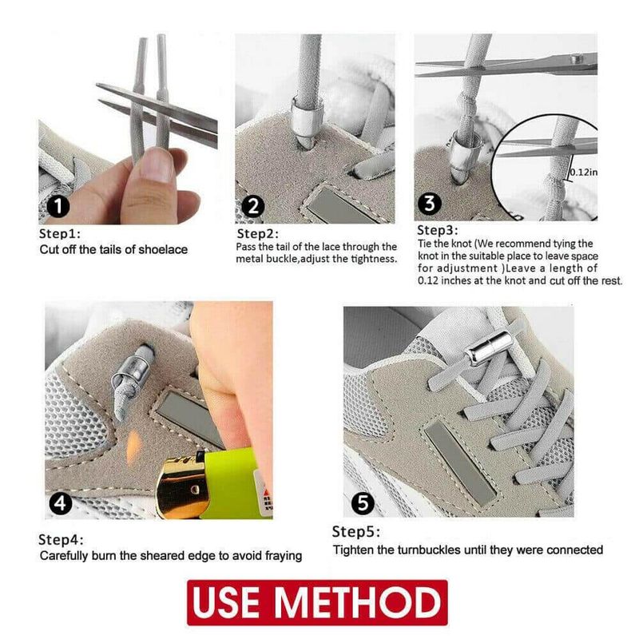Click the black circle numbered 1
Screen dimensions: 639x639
pos(58,206)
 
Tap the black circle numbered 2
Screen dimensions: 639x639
pos(252,206)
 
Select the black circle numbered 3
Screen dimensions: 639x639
pos(430,203)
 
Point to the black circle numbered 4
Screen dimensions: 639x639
pos(61,504)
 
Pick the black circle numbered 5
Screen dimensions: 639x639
pos(363,503)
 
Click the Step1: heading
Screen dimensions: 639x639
pos(59,234)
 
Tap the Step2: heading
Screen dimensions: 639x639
pos(257,234)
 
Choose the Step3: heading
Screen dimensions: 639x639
pos(438,231)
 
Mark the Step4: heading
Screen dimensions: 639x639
pos(61,540)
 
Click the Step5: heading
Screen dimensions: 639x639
pos(355,532)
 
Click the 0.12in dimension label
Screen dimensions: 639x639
pos(584,172)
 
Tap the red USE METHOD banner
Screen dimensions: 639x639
pos(317,602)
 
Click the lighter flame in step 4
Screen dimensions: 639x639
pos(133,448)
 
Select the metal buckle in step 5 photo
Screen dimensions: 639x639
pos(489,347)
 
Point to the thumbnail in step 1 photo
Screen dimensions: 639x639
pos(156,165)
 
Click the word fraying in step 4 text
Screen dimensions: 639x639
pos(284,556)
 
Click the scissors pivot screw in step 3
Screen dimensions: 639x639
pos(575,59)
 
